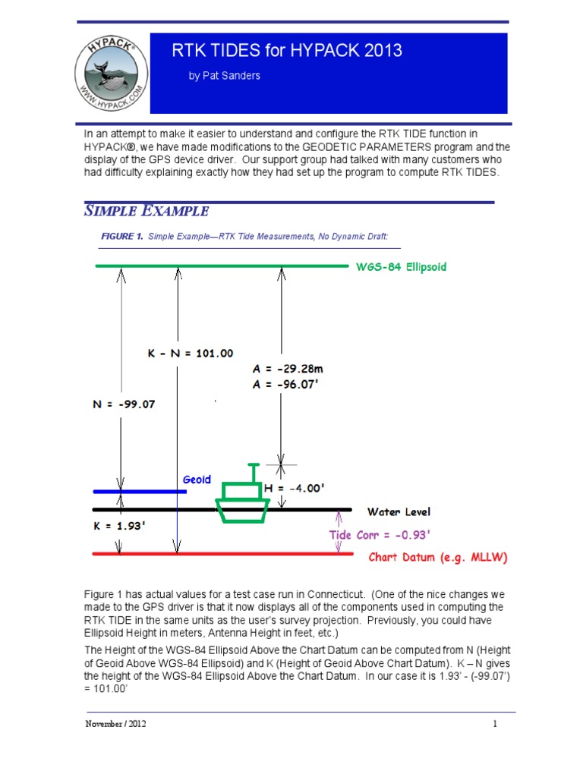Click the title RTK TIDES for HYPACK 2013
click(x=288, y=52)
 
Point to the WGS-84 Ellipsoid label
click(x=401, y=267)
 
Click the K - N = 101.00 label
click(x=189, y=353)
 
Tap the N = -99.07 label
click(x=119, y=404)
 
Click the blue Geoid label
click(x=197, y=480)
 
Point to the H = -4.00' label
click(x=299, y=489)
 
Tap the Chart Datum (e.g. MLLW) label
click(x=438, y=558)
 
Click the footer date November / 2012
click(x=115, y=724)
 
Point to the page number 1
click(x=495, y=724)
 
